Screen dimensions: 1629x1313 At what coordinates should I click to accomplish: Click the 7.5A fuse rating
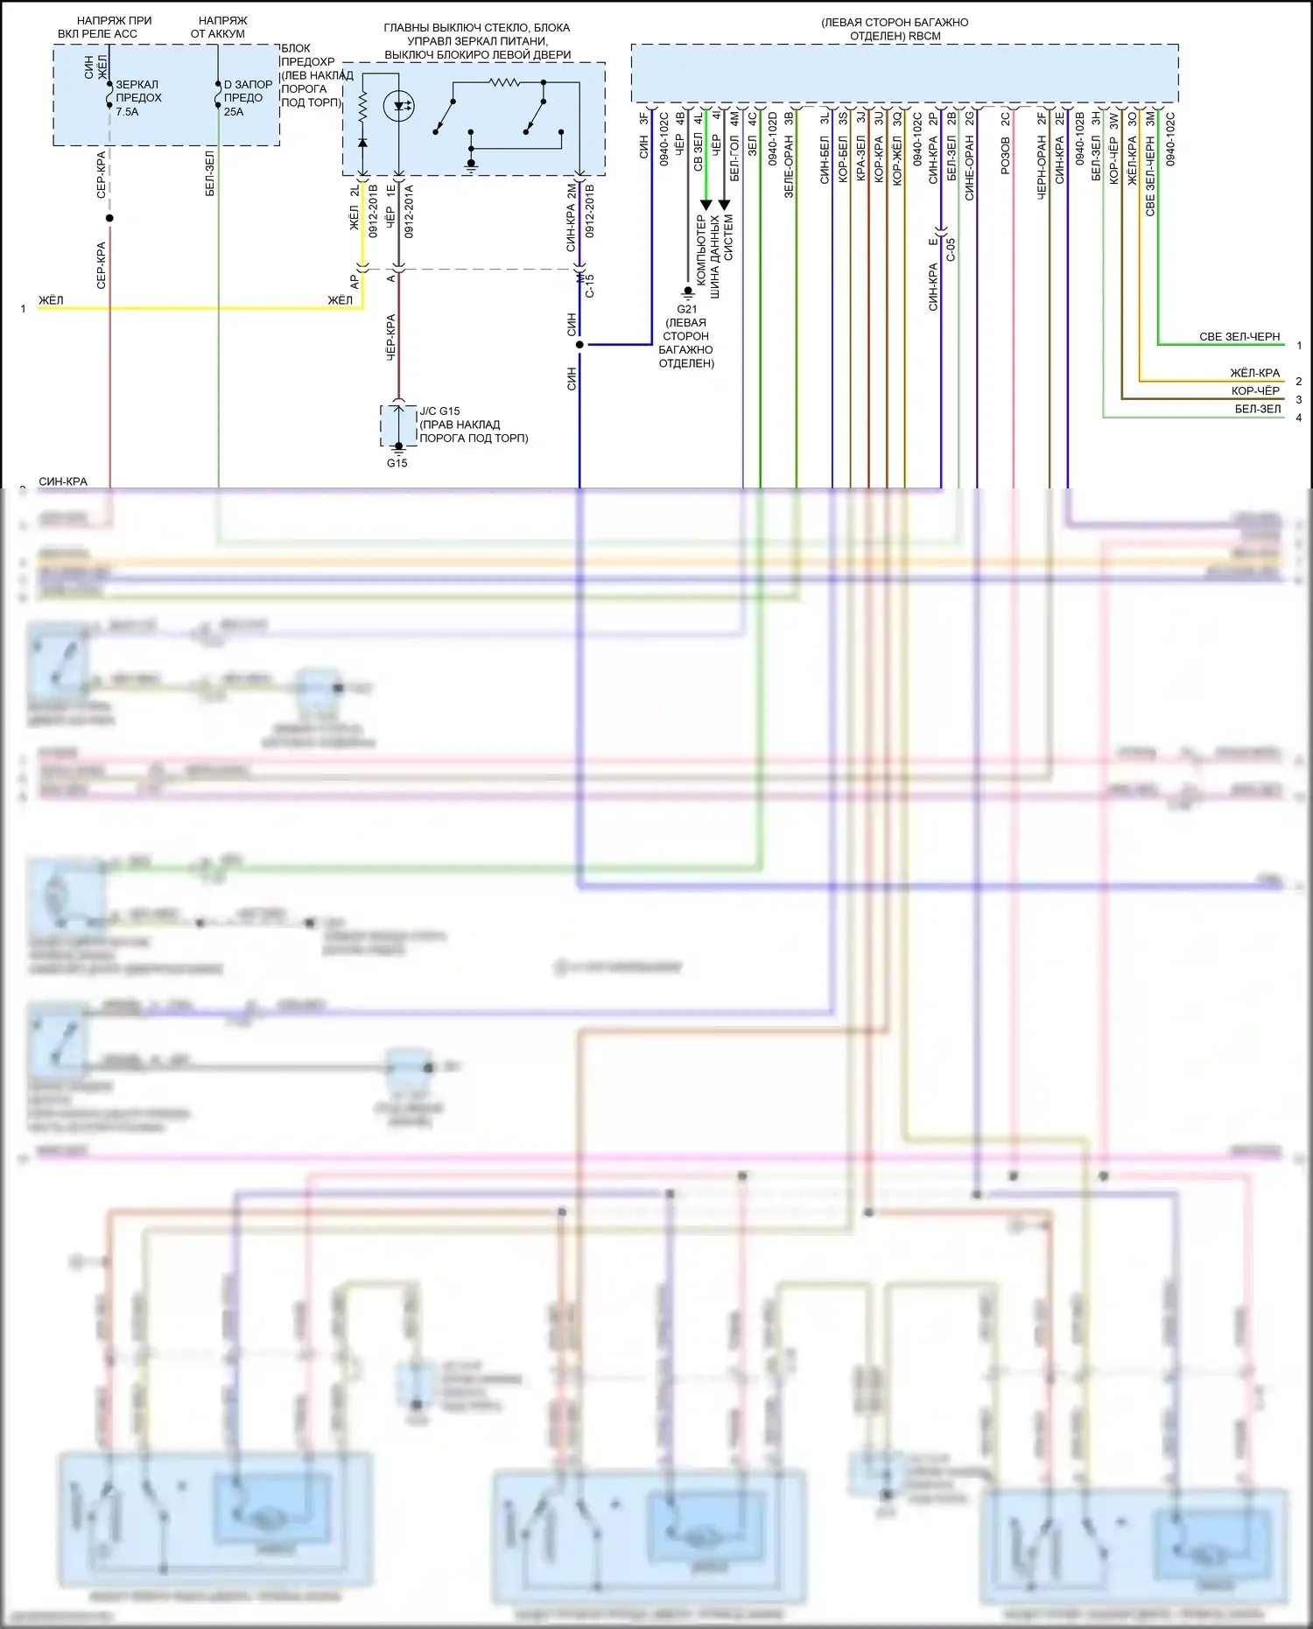(127, 112)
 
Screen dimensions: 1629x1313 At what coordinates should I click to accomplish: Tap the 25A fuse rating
(234, 112)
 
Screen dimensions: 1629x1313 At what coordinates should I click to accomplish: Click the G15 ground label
(397, 463)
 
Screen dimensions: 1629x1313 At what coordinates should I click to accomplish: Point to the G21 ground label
(687, 309)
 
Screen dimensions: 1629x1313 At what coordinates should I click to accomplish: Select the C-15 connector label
(590, 285)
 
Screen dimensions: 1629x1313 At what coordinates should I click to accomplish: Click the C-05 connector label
(951, 249)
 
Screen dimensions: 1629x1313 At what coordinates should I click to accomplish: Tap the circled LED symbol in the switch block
(399, 106)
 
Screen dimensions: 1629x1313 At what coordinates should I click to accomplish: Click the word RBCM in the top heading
(924, 36)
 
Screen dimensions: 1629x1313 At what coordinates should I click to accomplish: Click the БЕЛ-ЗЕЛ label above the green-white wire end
(1258, 409)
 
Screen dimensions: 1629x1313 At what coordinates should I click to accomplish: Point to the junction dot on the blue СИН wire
(579, 345)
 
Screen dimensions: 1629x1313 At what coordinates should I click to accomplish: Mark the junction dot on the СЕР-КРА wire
(109, 218)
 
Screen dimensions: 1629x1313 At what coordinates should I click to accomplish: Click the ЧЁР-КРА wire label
(390, 337)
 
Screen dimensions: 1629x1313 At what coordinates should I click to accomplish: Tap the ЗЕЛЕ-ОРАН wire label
(789, 165)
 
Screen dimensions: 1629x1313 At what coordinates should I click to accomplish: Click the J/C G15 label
(439, 411)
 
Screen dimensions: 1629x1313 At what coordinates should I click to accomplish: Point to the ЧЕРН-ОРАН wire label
(1042, 167)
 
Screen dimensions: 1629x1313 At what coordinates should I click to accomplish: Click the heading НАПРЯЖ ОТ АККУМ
(219, 27)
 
